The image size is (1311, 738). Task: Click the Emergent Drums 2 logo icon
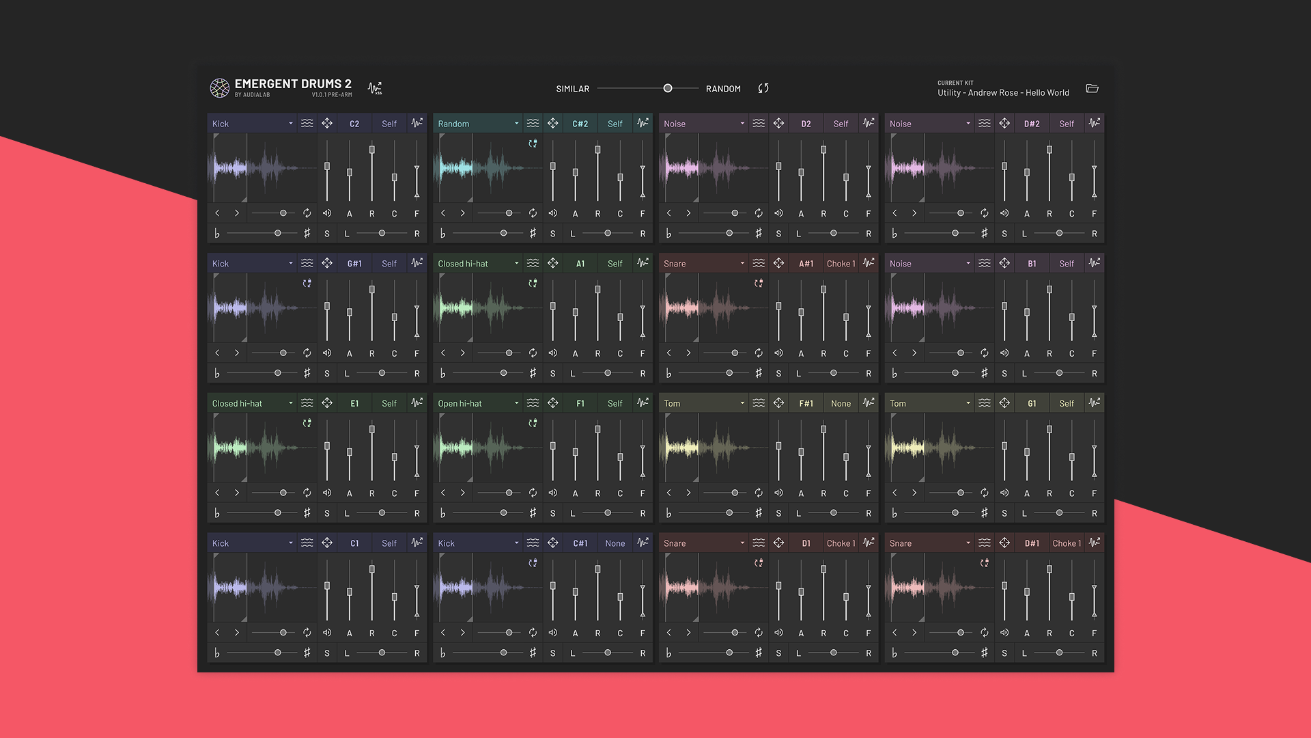(219, 88)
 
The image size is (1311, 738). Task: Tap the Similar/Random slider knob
(668, 88)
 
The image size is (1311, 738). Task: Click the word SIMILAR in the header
(572, 89)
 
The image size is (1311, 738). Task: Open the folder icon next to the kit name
(1092, 88)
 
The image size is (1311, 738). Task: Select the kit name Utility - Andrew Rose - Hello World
(1002, 93)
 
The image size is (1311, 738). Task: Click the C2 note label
(354, 124)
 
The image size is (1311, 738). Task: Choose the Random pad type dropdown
(478, 124)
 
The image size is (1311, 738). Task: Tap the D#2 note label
(1032, 124)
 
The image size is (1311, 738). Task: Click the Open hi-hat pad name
(460, 404)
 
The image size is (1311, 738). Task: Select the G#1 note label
(354, 264)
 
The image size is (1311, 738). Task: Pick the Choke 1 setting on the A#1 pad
(841, 264)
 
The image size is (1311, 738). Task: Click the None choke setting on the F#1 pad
(841, 404)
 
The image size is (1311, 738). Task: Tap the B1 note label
(1032, 264)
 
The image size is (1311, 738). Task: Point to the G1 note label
(1032, 404)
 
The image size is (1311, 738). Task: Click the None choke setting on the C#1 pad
(615, 543)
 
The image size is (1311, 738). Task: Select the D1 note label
(806, 543)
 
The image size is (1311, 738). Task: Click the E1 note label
(354, 404)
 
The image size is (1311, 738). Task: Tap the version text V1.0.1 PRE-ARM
(332, 95)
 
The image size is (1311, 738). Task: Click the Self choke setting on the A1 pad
(615, 264)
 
